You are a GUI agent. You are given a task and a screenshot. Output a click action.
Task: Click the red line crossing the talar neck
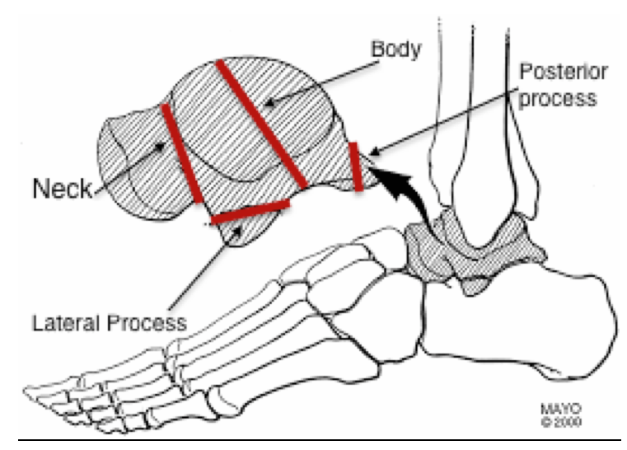(182, 152)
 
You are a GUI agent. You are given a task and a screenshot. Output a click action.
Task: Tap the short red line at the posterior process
(356, 166)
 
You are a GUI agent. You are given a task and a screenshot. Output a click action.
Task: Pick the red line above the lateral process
(250, 210)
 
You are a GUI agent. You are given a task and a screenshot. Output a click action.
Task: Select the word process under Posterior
(558, 99)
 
